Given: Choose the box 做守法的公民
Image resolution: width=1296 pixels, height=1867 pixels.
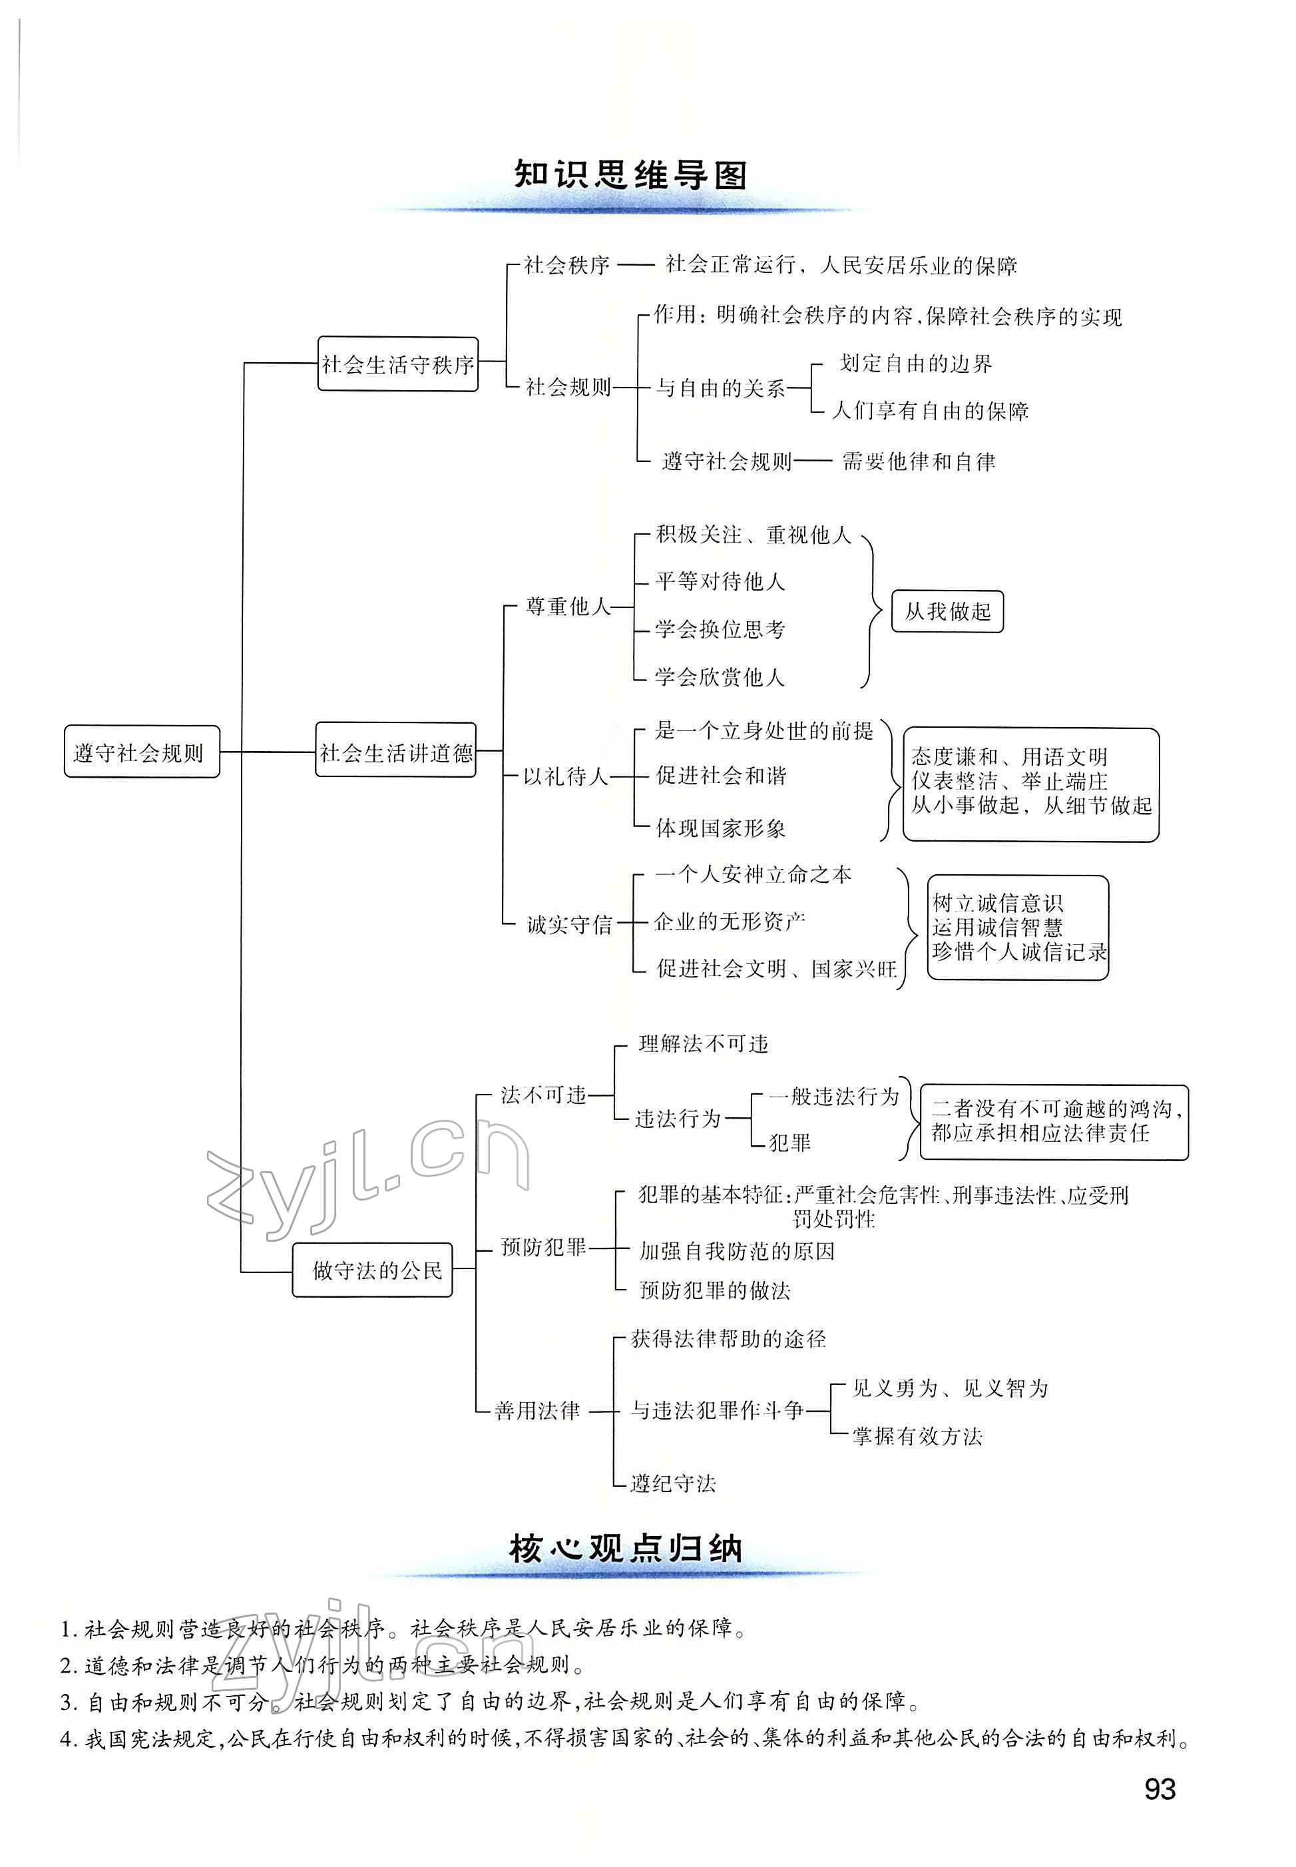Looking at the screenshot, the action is (x=373, y=1270).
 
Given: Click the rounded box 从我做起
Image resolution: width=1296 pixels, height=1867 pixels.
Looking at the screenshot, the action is (x=948, y=611).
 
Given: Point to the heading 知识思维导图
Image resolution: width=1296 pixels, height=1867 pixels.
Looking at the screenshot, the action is (x=630, y=174).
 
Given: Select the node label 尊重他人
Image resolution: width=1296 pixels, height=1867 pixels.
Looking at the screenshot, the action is (x=567, y=607).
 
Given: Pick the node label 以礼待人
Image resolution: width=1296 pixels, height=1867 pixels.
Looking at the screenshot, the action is (x=566, y=776).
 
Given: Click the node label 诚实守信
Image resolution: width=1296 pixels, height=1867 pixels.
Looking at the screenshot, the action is (x=568, y=924).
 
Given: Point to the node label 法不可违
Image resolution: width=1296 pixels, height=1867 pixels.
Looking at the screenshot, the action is (x=542, y=1095).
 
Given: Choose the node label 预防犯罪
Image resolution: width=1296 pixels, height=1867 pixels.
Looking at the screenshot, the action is (x=542, y=1246).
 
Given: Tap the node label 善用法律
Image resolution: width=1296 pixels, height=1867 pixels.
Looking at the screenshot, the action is (x=538, y=1411).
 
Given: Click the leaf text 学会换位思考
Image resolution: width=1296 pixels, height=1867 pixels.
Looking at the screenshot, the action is (x=720, y=629).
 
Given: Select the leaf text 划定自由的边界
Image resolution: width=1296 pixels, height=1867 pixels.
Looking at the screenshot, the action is (x=915, y=364).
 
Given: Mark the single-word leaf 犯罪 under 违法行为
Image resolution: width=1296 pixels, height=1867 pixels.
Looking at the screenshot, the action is (x=789, y=1143).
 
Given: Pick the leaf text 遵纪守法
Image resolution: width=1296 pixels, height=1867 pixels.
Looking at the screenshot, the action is (x=673, y=1483).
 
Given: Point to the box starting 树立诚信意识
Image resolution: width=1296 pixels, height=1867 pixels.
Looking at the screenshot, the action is (x=1018, y=928).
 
